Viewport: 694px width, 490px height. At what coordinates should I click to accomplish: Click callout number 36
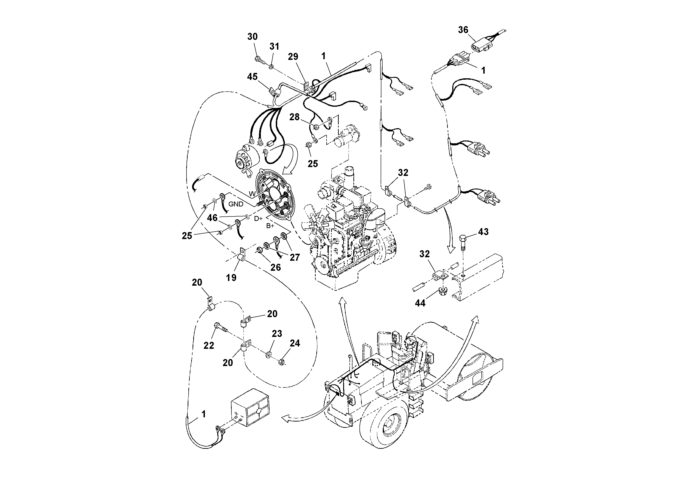[x=463, y=30]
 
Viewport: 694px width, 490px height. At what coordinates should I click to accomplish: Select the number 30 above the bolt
[x=252, y=37]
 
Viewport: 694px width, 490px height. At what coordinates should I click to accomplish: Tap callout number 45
[x=252, y=77]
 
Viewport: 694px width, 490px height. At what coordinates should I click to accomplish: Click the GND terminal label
[x=236, y=204]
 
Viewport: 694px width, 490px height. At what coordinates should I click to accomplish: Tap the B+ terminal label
[x=270, y=226]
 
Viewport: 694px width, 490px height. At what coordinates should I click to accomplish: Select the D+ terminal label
[x=258, y=218]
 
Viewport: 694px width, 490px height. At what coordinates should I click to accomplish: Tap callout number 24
[x=295, y=343]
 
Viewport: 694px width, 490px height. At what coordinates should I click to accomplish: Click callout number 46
[x=212, y=218]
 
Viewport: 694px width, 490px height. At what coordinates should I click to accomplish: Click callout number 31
[x=274, y=47]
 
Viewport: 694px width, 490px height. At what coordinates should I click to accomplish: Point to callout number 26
[x=275, y=267]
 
